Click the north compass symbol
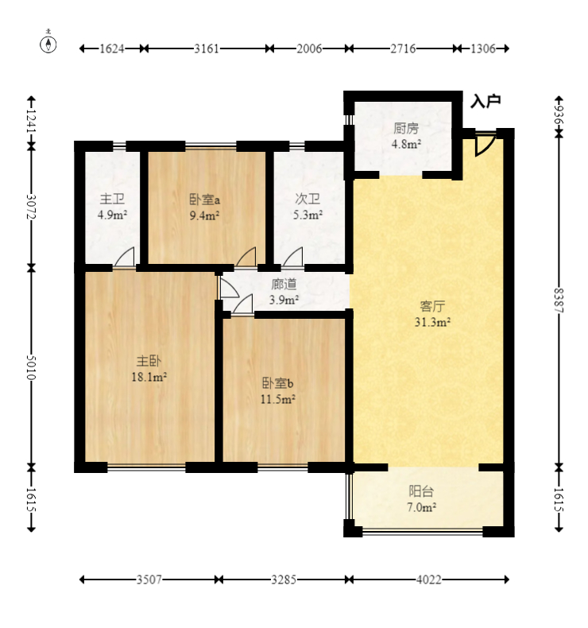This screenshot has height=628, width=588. tap(48, 44)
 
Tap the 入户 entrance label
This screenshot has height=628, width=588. tap(485, 101)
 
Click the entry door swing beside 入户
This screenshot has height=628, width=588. tap(484, 144)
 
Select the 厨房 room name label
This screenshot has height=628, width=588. tap(406, 129)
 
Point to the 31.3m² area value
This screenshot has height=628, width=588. tap(432, 322)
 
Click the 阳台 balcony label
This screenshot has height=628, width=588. tap(421, 491)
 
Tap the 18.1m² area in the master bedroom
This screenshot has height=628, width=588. tap(149, 377)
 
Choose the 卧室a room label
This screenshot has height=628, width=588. tap(204, 199)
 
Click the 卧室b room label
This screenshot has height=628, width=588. tap(278, 383)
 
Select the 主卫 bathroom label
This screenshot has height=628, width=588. tap(112, 199)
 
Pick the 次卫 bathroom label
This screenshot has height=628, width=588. tap(308, 199)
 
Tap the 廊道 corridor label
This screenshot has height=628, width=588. tap(284, 285)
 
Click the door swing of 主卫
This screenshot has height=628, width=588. tap(125, 257)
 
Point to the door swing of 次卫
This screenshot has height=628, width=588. tap(292, 257)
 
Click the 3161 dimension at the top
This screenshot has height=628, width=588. tap(207, 48)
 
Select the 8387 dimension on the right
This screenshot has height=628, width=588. tap(559, 301)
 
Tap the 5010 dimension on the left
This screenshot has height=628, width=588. tap(31, 367)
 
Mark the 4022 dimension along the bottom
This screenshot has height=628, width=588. tap(429, 580)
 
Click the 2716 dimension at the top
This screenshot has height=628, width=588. tap(403, 48)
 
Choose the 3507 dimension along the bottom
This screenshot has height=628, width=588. tap(149, 580)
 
